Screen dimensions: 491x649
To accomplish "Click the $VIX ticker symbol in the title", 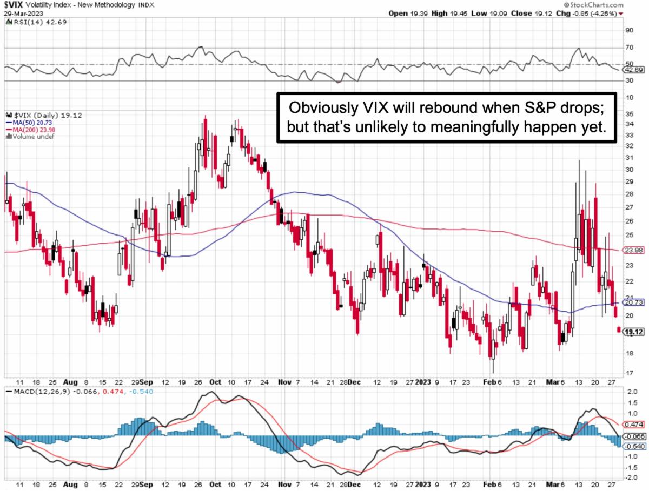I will [x=15, y=5].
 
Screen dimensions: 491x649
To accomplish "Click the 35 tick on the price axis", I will [x=629, y=115].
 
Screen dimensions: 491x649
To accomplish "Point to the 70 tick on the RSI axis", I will [x=629, y=48].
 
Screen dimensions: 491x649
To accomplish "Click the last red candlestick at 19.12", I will [x=619, y=330].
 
